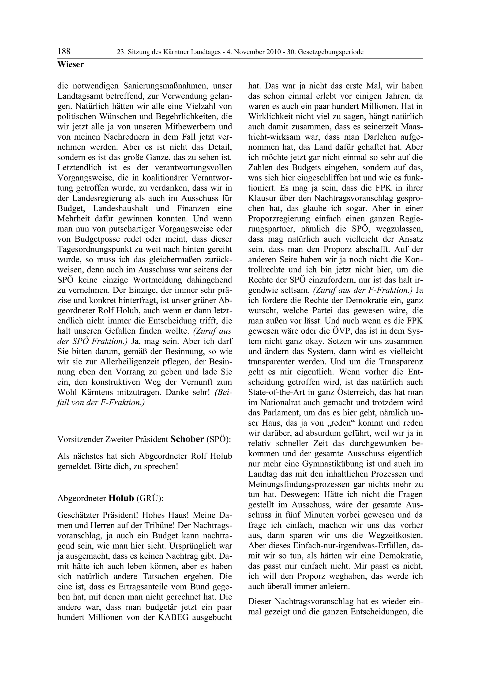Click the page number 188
tap(64, 52)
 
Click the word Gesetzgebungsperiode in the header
tap(331, 52)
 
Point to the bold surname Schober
tap(187, 439)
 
